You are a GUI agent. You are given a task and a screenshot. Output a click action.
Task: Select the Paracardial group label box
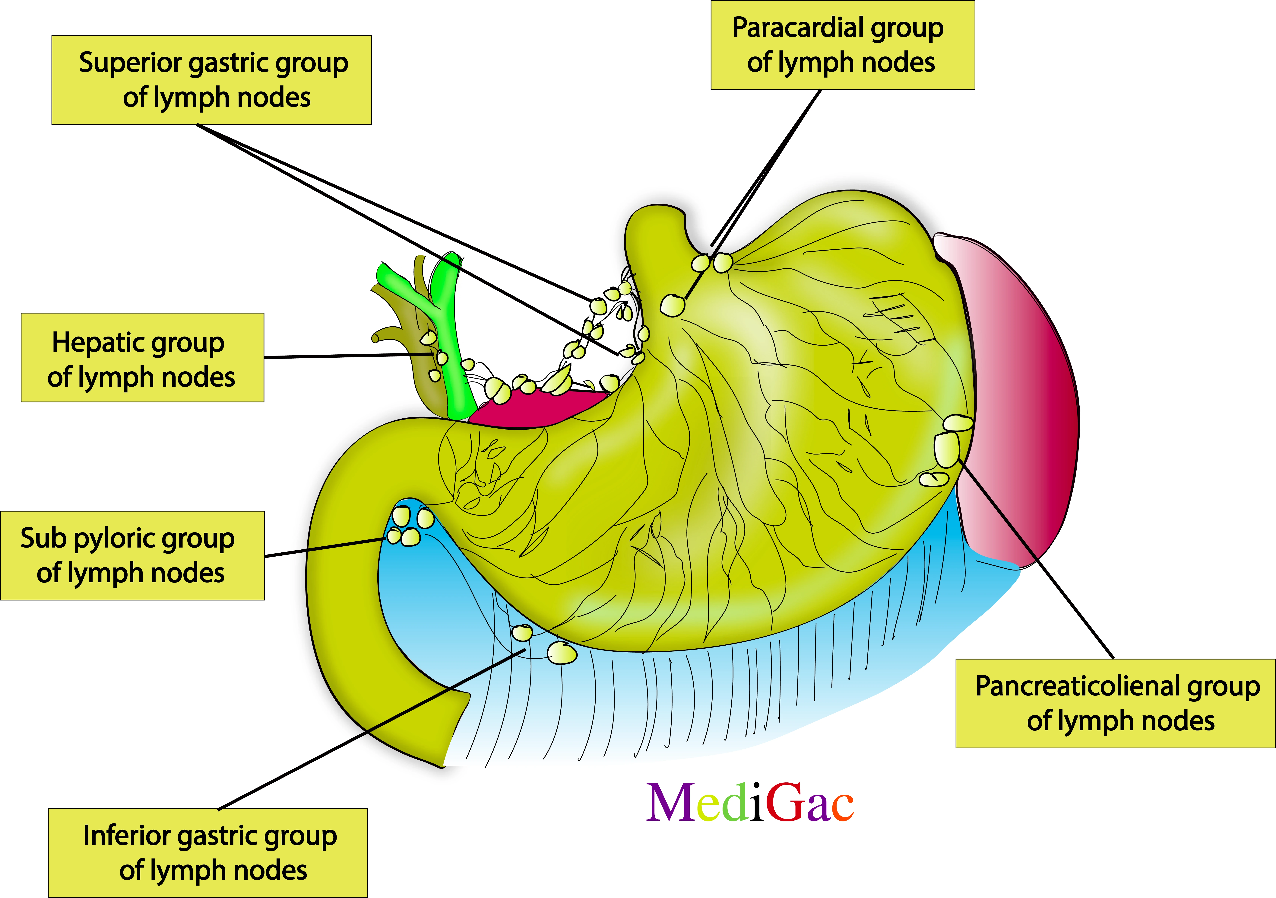coord(843,45)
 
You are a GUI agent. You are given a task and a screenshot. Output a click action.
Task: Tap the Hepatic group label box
coord(142,358)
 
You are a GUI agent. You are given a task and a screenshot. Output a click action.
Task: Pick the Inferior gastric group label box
coord(208,852)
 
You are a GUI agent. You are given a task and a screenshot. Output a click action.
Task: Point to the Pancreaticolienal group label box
coord(1115,703)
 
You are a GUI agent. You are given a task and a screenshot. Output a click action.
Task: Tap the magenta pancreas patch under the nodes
coord(534,409)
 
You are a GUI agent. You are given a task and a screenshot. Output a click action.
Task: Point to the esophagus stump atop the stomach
coord(656,234)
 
